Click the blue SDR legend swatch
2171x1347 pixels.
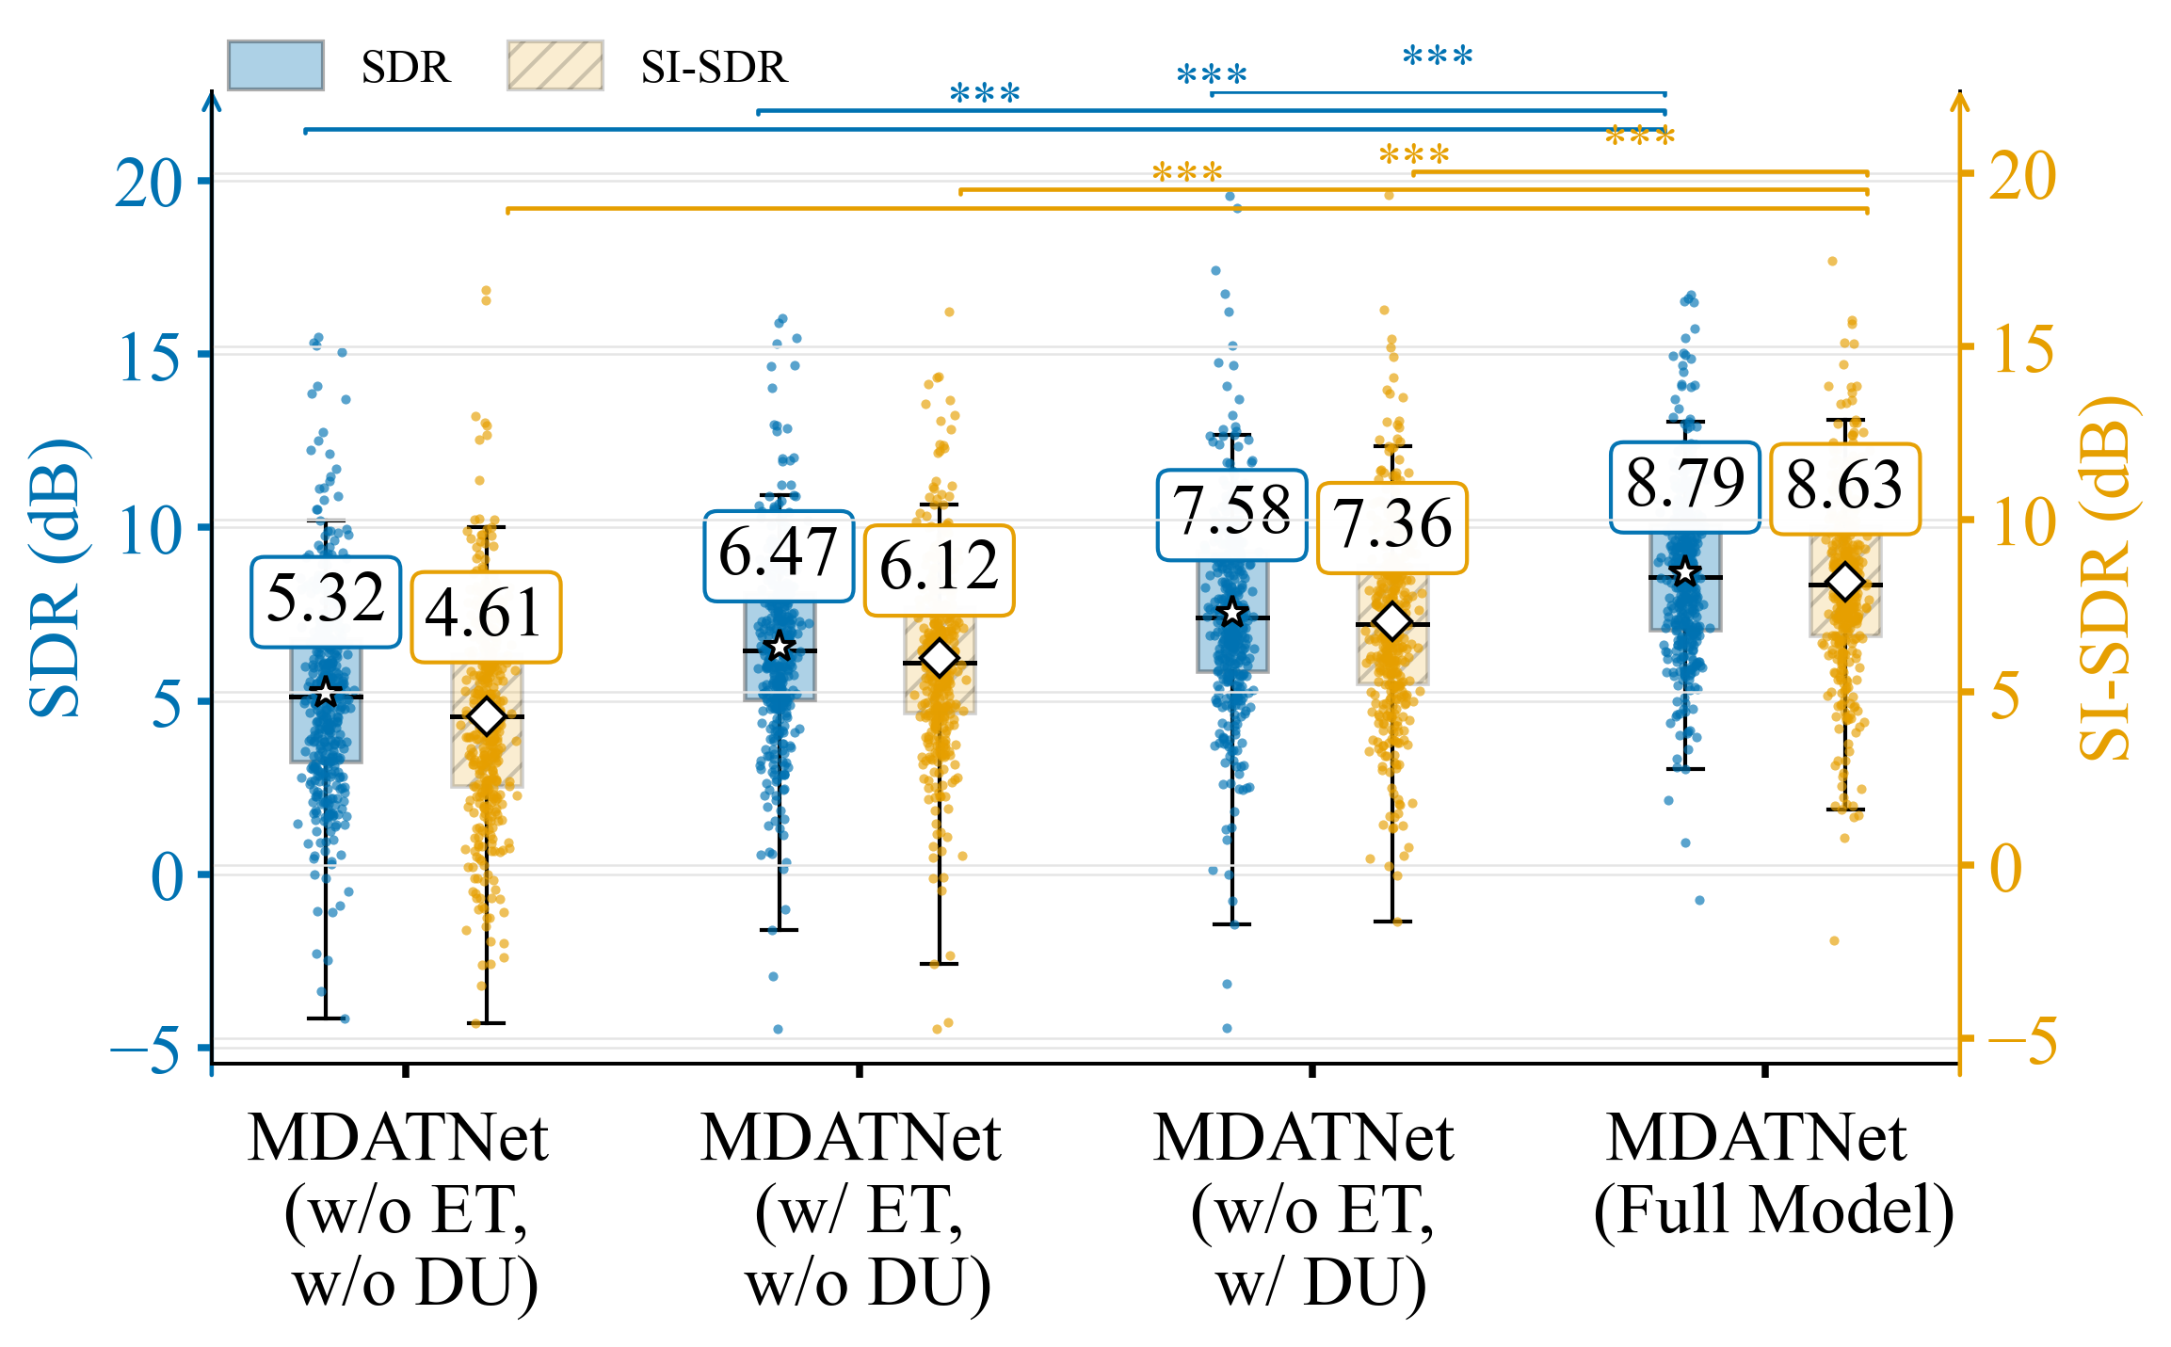click(275, 66)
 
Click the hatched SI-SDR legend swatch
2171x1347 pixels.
click(555, 66)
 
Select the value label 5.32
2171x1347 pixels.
click(326, 601)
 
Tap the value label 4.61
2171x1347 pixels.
click(486, 617)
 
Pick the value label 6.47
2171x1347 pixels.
click(779, 555)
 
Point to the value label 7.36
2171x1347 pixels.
click(1391, 527)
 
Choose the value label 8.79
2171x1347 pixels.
click(1684, 487)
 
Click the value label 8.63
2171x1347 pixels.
click(1844, 489)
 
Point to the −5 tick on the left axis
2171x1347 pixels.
click(146, 1049)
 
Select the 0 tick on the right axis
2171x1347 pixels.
click(2006, 868)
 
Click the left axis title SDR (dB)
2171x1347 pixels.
click(55, 577)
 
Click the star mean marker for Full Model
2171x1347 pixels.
click(1685, 572)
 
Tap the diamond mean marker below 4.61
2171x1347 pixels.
click(487, 716)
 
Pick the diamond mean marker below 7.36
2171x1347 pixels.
click(1392, 621)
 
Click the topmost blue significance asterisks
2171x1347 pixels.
click(1438, 56)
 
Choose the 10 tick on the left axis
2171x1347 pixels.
click(148, 529)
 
